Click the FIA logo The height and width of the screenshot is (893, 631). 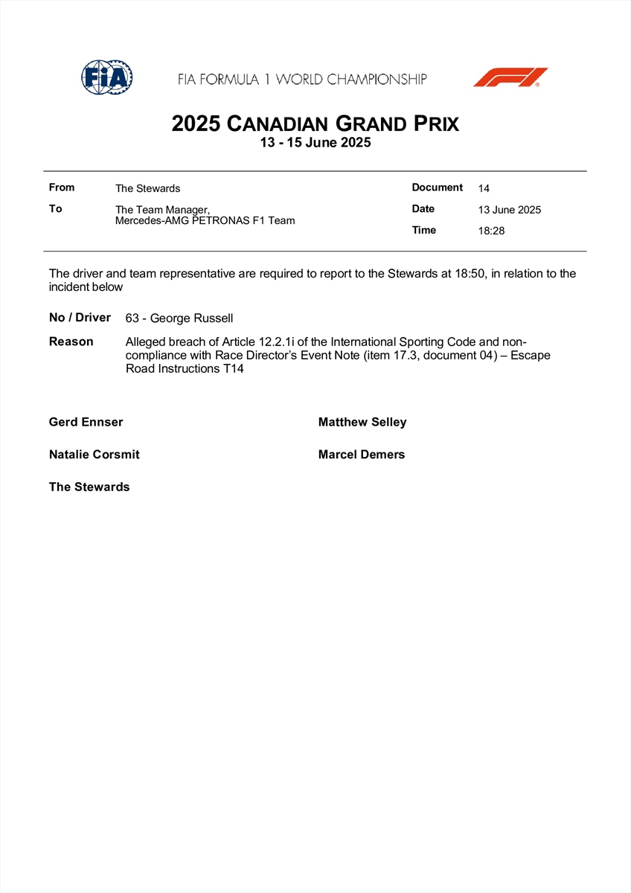107,77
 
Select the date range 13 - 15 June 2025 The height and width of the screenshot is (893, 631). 315,143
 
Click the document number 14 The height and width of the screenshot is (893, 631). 484,189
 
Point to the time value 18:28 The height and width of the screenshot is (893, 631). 491,231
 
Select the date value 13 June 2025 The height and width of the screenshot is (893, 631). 510,210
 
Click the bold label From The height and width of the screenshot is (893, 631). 62,188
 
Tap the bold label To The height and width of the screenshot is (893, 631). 56,209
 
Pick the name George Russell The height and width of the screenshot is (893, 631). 192,319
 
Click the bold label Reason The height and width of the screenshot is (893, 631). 71,342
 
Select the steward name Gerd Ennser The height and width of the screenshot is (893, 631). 86,422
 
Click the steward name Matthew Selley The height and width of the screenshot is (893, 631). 362,422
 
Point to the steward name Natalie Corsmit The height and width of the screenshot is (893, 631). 95,454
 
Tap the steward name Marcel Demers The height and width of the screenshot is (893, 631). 362,454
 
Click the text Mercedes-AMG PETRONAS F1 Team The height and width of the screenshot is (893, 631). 205,220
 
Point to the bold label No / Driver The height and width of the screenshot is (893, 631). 80,318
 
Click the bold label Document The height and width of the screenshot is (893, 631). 438,188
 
